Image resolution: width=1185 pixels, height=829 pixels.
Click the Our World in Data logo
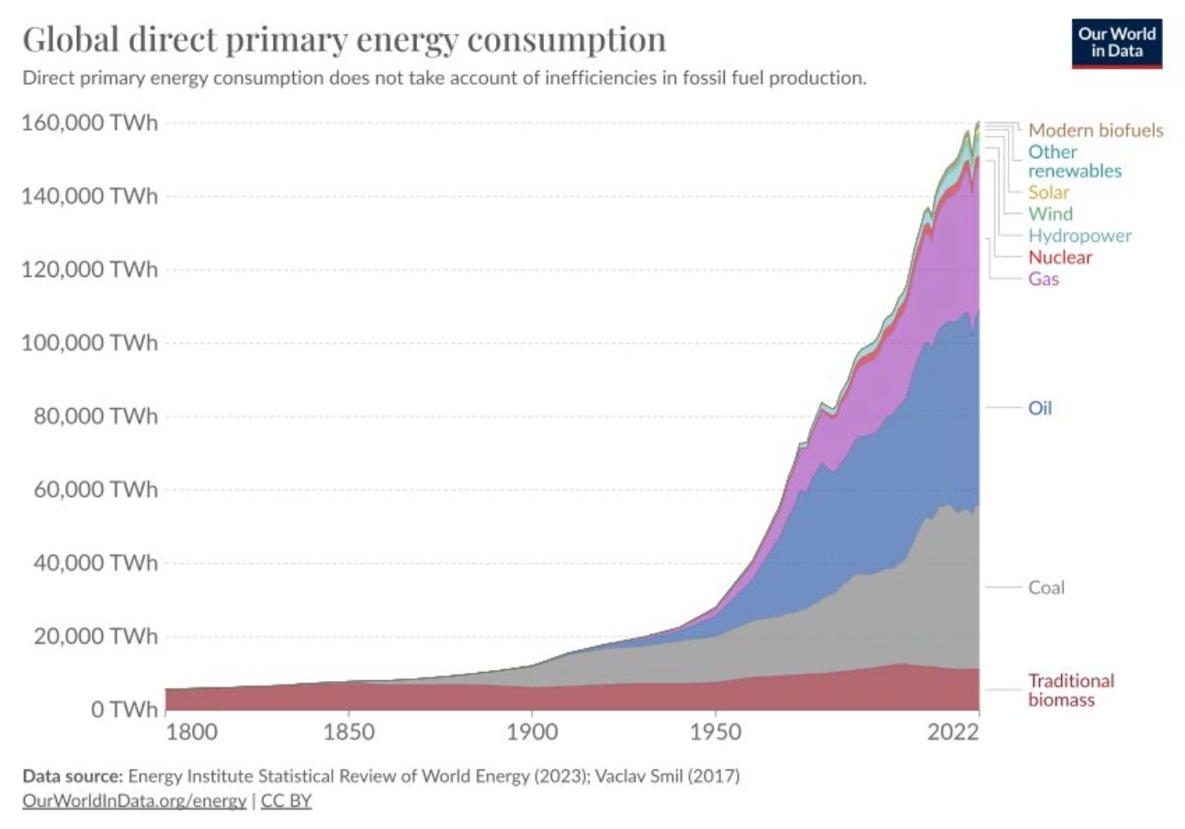[x=1116, y=42]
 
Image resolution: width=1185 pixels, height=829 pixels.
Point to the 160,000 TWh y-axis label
[x=89, y=123]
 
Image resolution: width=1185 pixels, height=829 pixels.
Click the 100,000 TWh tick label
[x=89, y=344]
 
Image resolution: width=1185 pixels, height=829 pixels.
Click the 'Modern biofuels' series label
[x=1095, y=130]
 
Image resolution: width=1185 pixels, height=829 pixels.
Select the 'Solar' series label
[x=1048, y=192]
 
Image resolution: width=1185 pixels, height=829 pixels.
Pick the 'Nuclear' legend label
[x=1060, y=256]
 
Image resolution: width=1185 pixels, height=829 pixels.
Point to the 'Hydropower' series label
[x=1079, y=235]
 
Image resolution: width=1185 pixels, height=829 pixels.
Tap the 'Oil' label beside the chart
[x=1039, y=407]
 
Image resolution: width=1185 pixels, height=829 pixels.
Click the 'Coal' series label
[x=1046, y=587]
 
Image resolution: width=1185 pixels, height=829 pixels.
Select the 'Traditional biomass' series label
[x=1070, y=690]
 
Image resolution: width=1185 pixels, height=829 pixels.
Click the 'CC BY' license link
[x=287, y=801]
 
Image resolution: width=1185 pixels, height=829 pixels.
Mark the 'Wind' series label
[x=1050, y=214]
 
